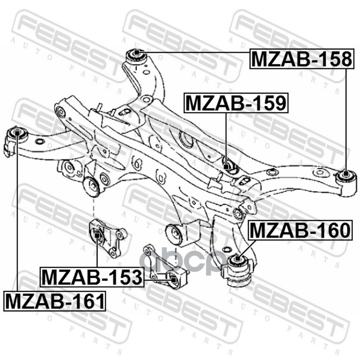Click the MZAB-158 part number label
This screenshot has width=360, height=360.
(x=300, y=58)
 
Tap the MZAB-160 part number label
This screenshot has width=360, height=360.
(x=299, y=230)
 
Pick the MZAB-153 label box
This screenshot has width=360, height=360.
(x=92, y=277)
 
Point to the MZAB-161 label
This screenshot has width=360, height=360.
(x=55, y=300)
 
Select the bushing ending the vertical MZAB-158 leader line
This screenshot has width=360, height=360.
(x=346, y=175)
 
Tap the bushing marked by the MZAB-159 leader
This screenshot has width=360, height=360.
(x=228, y=166)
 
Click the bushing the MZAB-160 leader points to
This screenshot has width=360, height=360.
(x=237, y=260)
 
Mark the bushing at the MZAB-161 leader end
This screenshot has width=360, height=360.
(x=17, y=133)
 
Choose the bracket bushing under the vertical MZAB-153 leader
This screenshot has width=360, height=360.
(x=97, y=234)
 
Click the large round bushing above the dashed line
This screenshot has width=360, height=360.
(x=92, y=187)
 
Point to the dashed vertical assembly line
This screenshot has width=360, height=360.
(x=93, y=208)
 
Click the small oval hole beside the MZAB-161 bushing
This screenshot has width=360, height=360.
(x=39, y=142)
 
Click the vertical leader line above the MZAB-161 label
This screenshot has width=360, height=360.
(x=17, y=216)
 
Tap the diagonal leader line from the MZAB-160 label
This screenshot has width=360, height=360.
(x=247, y=250)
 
